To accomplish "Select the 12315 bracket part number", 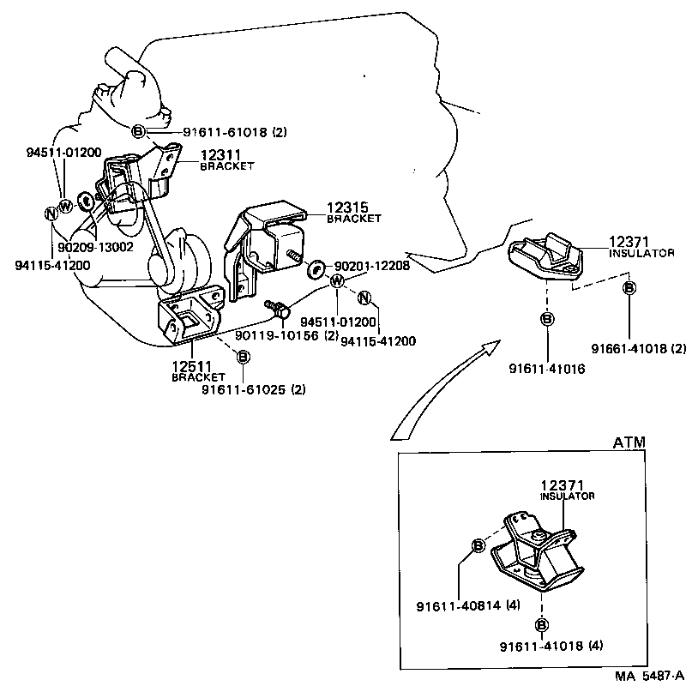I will point(345,208).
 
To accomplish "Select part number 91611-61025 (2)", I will point(253,389).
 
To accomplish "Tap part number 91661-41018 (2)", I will point(639,349).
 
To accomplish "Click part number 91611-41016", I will point(545,369).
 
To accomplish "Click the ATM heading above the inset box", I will point(629,442).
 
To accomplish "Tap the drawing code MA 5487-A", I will point(647,675).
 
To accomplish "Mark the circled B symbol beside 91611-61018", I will point(138,131).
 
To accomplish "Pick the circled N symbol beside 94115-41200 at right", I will point(364,298).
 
